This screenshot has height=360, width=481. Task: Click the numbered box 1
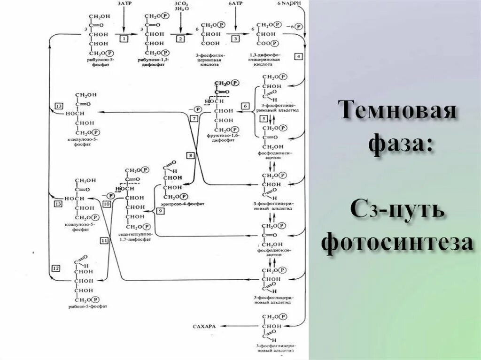[x=124, y=39]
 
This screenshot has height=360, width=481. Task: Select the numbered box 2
[x=179, y=39]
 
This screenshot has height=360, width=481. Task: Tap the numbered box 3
[x=235, y=39]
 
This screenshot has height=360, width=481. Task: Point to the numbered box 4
[x=298, y=56]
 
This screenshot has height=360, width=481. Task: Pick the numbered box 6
[x=245, y=106]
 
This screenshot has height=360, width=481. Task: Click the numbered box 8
[x=190, y=155]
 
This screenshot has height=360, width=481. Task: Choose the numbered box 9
[x=160, y=212]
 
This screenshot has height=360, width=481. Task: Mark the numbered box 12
[x=56, y=268]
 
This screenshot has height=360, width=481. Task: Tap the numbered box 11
[x=104, y=240]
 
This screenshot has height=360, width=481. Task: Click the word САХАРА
[x=204, y=325]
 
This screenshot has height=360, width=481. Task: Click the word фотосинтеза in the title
[x=397, y=242]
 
